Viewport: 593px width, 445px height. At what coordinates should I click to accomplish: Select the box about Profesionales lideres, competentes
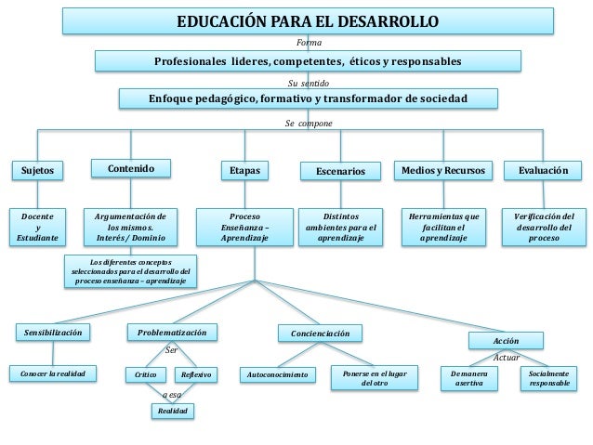tap(308, 61)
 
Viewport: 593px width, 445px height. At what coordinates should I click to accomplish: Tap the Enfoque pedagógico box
tap(308, 98)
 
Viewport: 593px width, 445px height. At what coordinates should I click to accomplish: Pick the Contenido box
tap(131, 169)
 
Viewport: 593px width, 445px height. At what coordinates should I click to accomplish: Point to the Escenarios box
tap(340, 172)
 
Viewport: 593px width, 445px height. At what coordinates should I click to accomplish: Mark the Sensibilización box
tap(53, 332)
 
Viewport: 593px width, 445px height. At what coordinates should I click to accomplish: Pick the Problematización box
tap(172, 332)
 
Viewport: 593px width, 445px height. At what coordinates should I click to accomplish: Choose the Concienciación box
tap(320, 333)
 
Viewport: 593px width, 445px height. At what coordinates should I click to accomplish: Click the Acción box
tap(506, 341)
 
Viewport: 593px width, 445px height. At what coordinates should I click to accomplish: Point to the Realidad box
tap(173, 410)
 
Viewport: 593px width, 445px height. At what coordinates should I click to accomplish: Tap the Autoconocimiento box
tap(276, 375)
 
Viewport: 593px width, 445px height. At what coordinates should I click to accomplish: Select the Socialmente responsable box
tap(547, 377)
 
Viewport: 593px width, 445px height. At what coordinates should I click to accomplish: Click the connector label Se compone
tap(308, 122)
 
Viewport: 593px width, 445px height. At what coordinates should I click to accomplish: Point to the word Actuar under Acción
tap(506, 357)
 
